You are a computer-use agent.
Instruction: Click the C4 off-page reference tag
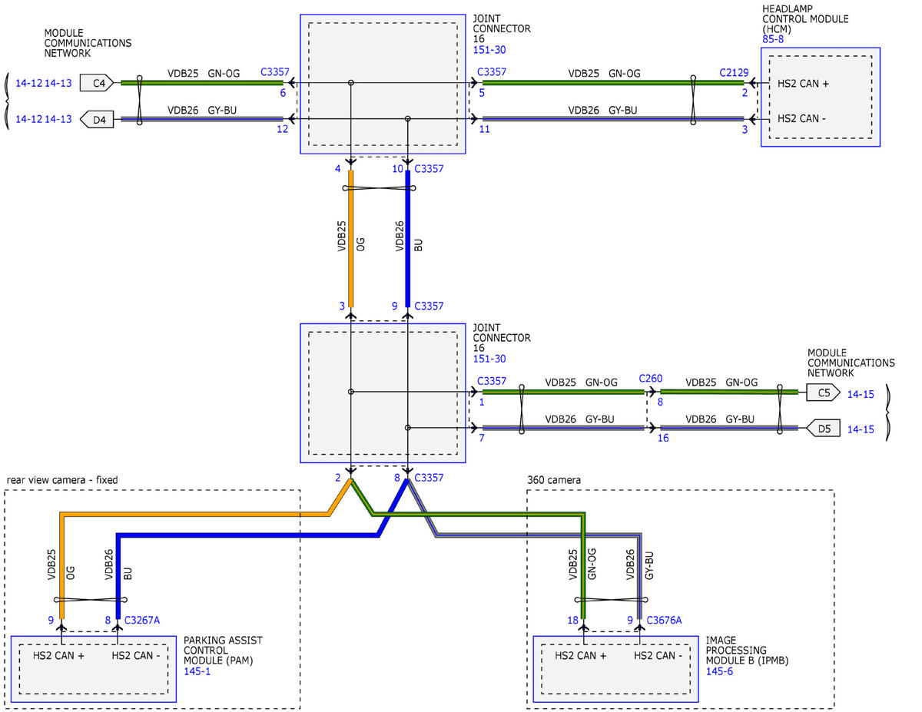point(97,83)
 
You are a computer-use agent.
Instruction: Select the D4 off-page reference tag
point(97,120)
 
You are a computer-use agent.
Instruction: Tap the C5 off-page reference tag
point(823,392)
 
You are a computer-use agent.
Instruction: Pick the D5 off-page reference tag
point(823,429)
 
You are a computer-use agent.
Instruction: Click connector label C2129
point(734,72)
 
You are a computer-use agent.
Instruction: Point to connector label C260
point(651,378)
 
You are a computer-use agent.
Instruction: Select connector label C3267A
point(141,621)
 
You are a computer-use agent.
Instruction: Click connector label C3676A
point(664,621)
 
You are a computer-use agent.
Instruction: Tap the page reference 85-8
point(773,39)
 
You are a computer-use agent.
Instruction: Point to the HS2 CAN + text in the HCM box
point(803,84)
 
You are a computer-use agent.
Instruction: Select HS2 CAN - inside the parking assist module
point(136,656)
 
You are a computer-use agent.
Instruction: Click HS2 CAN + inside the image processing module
point(580,656)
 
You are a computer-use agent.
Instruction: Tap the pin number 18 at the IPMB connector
point(573,621)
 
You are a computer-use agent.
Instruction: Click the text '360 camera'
point(554,480)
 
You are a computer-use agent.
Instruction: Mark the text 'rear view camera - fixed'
point(62,480)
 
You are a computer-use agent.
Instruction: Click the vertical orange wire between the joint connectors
point(350,239)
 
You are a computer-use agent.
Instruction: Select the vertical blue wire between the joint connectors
point(408,239)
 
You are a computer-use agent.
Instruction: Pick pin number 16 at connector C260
point(663,438)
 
